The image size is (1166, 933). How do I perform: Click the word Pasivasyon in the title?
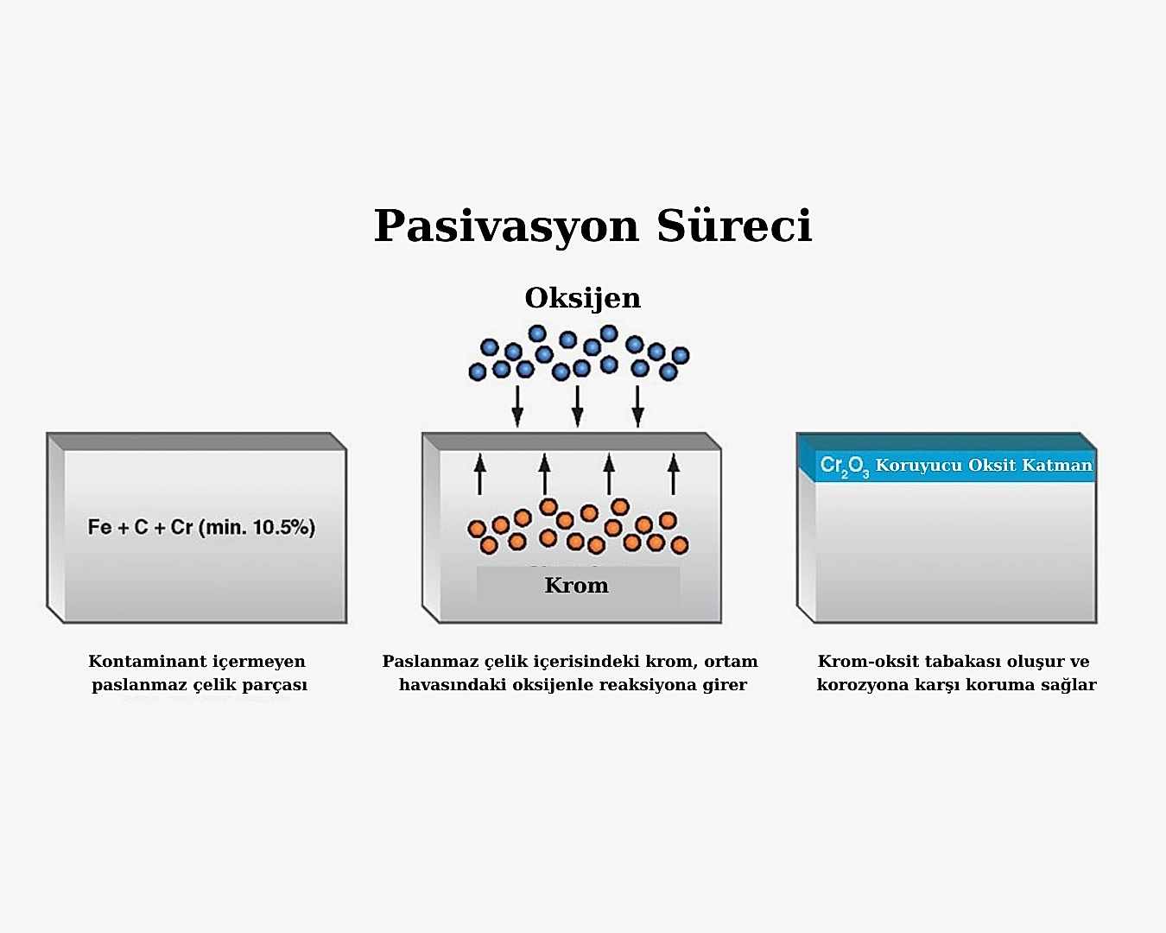point(506,226)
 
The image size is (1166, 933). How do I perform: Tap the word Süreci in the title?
point(734,224)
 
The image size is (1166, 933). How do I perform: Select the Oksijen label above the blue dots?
point(582,299)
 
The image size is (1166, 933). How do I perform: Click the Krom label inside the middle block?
point(576,586)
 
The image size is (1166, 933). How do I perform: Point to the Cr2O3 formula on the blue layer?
point(844,466)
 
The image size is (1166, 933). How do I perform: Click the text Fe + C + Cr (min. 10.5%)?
point(201,527)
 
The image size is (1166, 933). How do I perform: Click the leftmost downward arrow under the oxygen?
point(517,406)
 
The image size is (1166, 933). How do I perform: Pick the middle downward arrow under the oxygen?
point(578,406)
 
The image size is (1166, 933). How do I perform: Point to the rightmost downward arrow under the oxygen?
point(637,406)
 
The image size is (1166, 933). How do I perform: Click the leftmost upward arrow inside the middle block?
point(479,474)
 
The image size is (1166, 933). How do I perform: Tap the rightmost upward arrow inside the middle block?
point(674,474)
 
